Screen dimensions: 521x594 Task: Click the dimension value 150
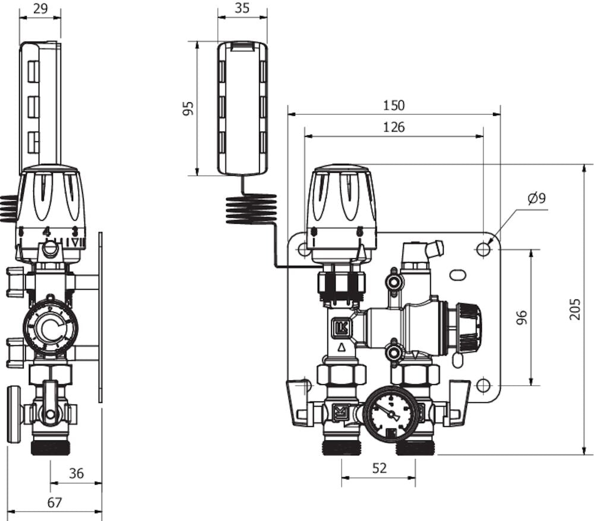pyautogui.click(x=393, y=106)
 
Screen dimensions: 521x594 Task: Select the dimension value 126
pyautogui.click(x=393, y=127)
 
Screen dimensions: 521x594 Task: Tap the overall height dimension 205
pyautogui.click(x=575, y=309)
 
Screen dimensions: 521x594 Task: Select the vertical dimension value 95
pyautogui.click(x=188, y=109)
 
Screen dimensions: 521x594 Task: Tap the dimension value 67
pyautogui.click(x=54, y=503)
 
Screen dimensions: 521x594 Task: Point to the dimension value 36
pyautogui.click(x=76, y=474)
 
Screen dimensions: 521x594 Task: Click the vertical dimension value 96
pyautogui.click(x=522, y=317)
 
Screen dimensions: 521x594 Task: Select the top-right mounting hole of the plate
pyautogui.click(x=484, y=250)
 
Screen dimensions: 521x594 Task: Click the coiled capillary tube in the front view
pyautogui.click(x=251, y=210)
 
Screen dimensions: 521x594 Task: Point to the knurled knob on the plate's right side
pyautogui.click(x=469, y=326)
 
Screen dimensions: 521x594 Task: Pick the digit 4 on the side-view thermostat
pyautogui.click(x=47, y=231)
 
